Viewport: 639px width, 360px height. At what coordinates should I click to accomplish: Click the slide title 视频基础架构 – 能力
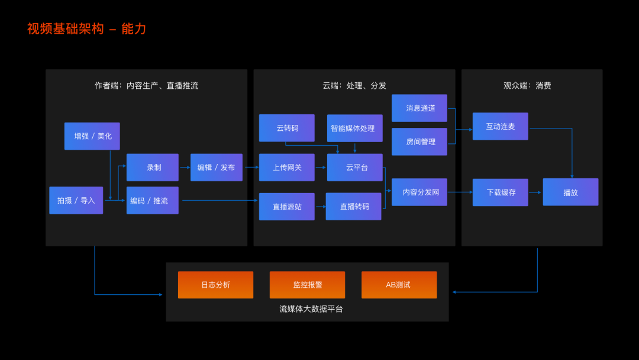click(86, 29)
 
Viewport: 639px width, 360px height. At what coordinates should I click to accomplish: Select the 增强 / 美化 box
click(92, 136)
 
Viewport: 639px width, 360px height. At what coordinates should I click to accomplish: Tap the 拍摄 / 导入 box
click(76, 200)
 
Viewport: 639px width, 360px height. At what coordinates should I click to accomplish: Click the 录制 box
click(153, 168)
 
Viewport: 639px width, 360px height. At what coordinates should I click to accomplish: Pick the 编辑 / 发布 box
click(216, 168)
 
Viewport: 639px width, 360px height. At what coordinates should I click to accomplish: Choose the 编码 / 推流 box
click(152, 200)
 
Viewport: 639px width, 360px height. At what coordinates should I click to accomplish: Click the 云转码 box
click(287, 128)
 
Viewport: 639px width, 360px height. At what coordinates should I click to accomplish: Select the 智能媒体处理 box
click(354, 128)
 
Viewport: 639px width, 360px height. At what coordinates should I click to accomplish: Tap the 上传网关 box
click(287, 168)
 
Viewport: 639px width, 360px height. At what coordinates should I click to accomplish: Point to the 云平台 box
click(354, 168)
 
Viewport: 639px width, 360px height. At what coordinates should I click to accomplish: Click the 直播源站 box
click(287, 207)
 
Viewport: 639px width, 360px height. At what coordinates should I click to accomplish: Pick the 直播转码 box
click(354, 207)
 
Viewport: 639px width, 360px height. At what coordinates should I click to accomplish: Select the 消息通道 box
click(419, 108)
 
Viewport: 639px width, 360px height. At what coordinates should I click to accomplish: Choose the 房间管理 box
click(419, 142)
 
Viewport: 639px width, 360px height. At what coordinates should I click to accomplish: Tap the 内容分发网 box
click(419, 192)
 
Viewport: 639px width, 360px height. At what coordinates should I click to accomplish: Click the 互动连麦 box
click(500, 126)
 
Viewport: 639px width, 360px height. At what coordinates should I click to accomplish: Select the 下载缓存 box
click(500, 192)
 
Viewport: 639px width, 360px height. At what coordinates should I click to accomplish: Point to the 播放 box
click(570, 192)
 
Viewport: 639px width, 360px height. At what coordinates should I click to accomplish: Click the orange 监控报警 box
click(307, 285)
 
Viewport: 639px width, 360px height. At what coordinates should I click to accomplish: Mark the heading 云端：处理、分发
click(354, 85)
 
